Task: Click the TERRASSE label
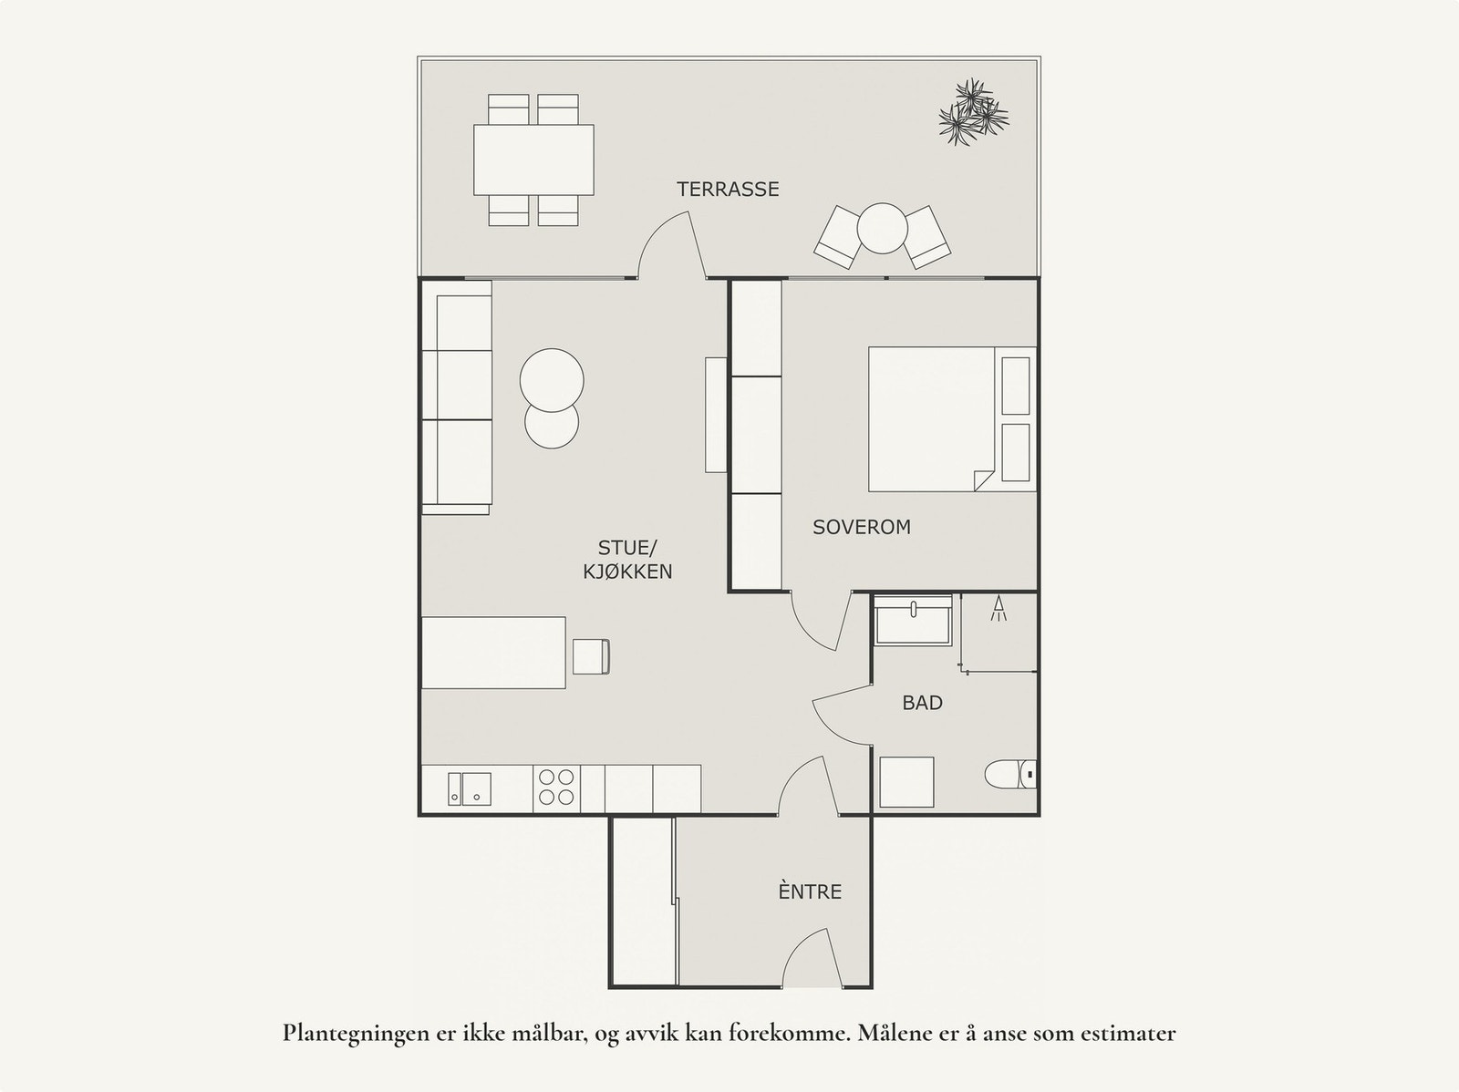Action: point(728,190)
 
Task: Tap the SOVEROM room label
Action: point(862,527)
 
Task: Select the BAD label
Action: point(922,703)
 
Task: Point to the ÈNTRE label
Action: point(810,891)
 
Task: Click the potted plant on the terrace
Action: point(973,113)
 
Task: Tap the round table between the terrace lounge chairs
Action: point(881,228)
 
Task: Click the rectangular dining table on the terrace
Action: point(533,160)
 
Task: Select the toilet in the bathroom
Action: point(1010,776)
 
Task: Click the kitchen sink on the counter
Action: point(470,788)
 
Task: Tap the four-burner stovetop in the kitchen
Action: point(556,788)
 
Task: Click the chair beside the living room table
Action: point(591,657)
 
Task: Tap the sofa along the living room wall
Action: point(457,397)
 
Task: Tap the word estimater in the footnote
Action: point(1127,1034)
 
